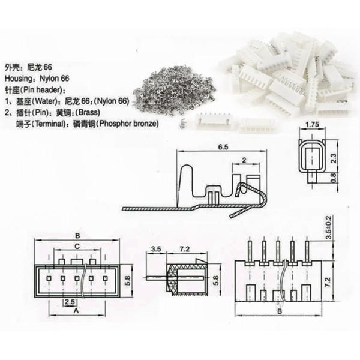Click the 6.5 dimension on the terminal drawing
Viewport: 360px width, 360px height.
pyautogui.click(x=222, y=146)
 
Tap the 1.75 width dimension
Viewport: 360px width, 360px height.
pyautogui.click(x=311, y=124)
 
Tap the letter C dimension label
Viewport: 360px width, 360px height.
pyautogui.click(x=77, y=246)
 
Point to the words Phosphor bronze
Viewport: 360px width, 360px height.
pyautogui.click(x=127, y=124)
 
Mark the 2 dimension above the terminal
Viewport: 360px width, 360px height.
pyautogui.click(x=244, y=160)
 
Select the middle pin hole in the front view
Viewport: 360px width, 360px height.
pyautogui.click(x=77, y=278)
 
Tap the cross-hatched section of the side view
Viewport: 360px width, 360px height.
pyautogui.click(x=174, y=277)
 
